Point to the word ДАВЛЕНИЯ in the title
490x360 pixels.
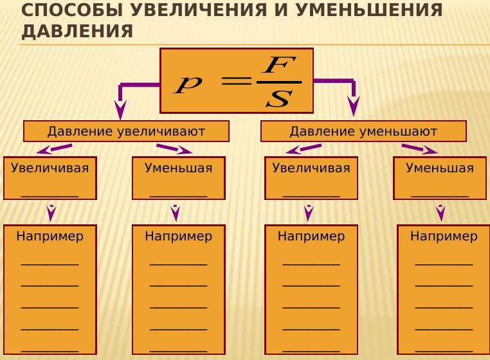tap(77, 32)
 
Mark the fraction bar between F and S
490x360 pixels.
tap(278, 82)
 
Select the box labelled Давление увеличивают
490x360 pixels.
tap(126, 131)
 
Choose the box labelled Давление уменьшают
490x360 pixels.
tap(363, 131)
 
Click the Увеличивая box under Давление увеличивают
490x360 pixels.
tap(50, 178)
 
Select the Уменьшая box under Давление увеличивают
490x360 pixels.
tap(179, 178)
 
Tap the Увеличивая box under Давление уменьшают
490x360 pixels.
tap(311, 178)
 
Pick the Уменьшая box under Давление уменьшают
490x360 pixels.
tap(440, 178)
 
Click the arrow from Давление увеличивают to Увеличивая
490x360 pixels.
tap(54, 149)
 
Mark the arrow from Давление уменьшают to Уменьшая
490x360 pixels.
tap(419, 149)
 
